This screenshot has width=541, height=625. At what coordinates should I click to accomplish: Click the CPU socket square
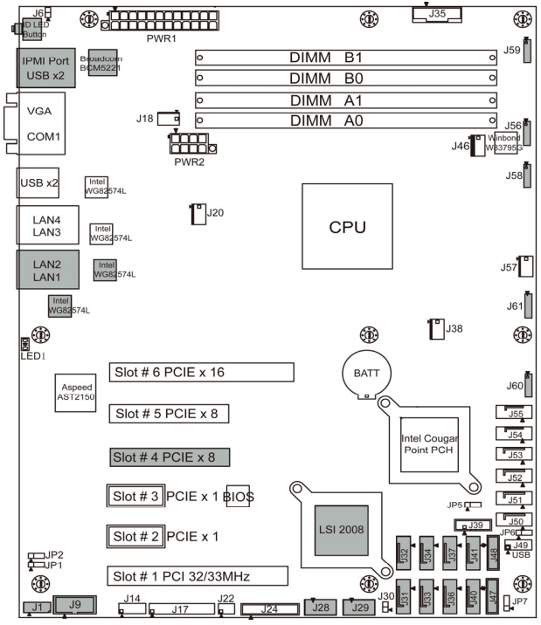pos(346,227)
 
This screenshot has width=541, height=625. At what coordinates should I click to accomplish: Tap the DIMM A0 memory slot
pos(353,120)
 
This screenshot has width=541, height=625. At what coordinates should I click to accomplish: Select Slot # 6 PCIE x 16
pos(200,373)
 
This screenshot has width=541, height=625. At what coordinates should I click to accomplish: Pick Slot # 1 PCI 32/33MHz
pos(198,576)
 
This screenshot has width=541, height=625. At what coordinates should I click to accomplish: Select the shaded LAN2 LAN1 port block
pos(47,270)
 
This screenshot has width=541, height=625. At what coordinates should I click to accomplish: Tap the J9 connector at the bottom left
pos(76,603)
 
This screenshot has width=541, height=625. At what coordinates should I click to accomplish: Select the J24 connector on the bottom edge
pos(269,608)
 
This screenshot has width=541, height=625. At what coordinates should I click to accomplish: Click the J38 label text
pos(454,329)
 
